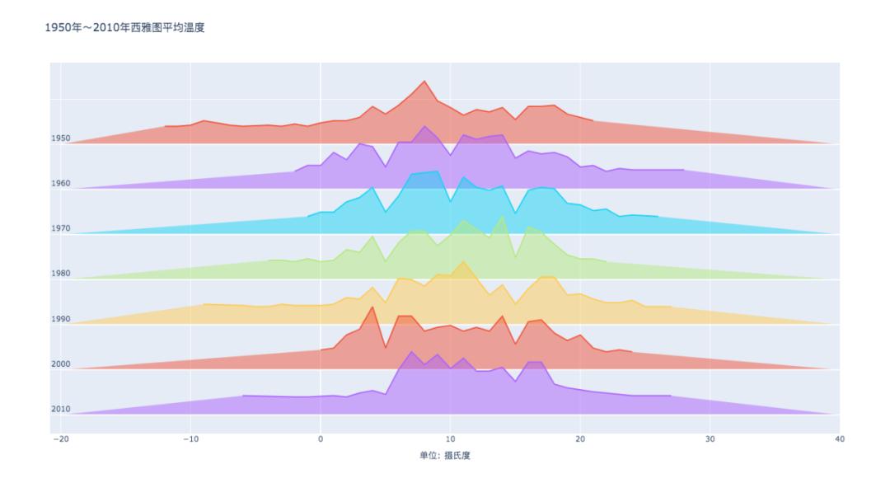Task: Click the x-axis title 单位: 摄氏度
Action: pyautogui.click(x=445, y=455)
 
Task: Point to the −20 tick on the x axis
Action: pyautogui.click(x=60, y=439)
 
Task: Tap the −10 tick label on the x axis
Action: pyautogui.click(x=190, y=439)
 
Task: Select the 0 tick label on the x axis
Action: pyautogui.click(x=321, y=439)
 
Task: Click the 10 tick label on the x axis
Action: pyautogui.click(x=450, y=439)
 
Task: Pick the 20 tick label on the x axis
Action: pyautogui.click(x=580, y=439)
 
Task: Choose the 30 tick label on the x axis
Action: pyautogui.click(x=710, y=439)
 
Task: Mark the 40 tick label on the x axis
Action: pyautogui.click(x=840, y=439)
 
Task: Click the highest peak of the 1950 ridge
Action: pyautogui.click(x=424, y=82)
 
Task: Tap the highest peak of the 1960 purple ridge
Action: pyautogui.click(x=424, y=126)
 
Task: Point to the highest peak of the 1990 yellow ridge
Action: pyautogui.click(x=463, y=262)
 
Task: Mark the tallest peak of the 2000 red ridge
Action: pyautogui.click(x=372, y=307)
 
